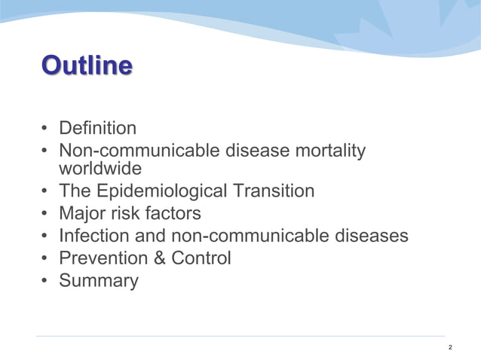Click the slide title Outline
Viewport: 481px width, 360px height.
point(86,66)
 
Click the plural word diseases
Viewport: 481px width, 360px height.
point(370,236)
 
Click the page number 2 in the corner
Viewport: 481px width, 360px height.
point(450,347)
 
